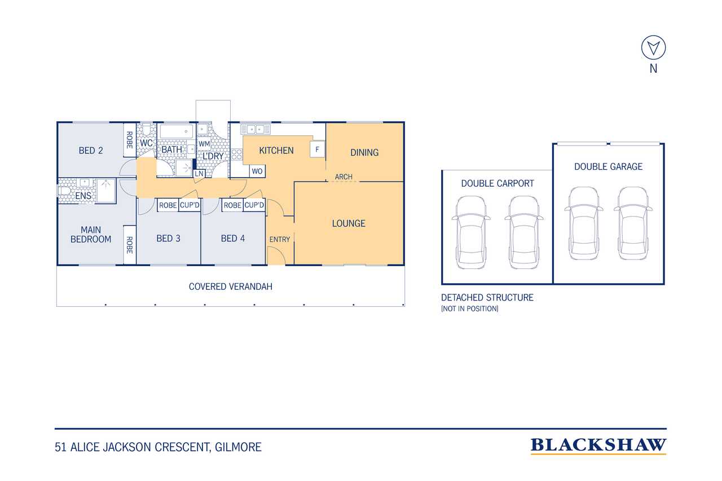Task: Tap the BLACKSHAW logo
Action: tap(598, 446)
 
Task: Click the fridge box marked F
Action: tap(317, 149)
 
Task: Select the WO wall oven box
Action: tap(257, 171)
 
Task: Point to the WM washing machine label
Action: tap(204, 144)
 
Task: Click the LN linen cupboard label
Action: tap(199, 173)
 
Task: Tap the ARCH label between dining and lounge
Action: tap(344, 177)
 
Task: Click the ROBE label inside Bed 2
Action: tap(130, 140)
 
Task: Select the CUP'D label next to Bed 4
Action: tap(254, 205)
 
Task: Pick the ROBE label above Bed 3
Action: tap(168, 205)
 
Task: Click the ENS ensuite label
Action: tap(83, 196)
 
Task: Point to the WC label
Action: tap(146, 143)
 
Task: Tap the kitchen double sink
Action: tap(256, 130)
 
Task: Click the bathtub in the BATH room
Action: tap(177, 132)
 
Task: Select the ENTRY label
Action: tap(280, 240)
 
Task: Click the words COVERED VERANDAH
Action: tap(231, 286)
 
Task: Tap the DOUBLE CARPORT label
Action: tap(498, 183)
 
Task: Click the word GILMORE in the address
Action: tap(238, 447)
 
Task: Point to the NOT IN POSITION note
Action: tap(470, 308)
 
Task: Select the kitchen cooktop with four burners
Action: tap(236, 155)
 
